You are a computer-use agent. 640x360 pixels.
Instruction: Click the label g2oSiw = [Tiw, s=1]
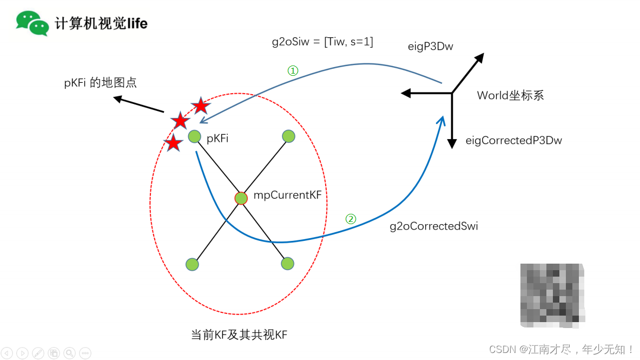coord(322,41)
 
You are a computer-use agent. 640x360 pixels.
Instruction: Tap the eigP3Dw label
coord(430,47)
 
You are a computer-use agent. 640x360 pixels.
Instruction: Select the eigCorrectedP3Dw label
coord(513,141)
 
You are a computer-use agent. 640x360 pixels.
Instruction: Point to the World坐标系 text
coord(510,96)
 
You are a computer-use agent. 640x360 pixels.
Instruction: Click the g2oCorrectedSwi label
coord(434,226)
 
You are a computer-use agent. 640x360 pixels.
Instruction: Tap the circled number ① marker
coord(292,71)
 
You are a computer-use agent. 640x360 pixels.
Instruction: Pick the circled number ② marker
coord(351,219)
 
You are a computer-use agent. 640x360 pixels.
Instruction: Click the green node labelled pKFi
coord(195,137)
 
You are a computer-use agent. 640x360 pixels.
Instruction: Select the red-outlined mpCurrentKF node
coord(241,198)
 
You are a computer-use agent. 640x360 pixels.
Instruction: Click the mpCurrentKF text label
coord(287,195)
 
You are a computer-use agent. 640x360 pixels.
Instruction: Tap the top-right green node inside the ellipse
coord(288,136)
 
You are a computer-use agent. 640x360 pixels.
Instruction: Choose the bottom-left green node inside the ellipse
coord(192,264)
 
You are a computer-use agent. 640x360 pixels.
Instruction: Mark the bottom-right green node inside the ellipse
coord(287,264)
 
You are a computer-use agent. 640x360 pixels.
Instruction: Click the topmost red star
coord(200,106)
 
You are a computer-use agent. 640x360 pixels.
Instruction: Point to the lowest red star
coord(173,143)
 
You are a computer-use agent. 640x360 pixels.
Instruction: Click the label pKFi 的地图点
coord(100,83)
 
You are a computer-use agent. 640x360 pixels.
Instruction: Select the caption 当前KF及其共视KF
coord(239,335)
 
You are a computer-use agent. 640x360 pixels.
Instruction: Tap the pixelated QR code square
coord(552,295)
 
